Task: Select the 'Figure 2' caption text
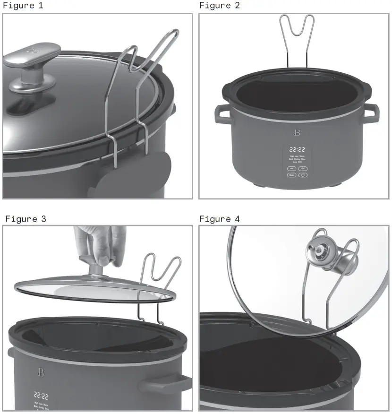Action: pos(220,6)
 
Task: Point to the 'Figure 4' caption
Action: pos(220,219)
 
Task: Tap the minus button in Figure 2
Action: pos(291,168)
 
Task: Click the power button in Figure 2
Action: pos(303,175)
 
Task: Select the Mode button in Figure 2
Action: pos(291,175)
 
